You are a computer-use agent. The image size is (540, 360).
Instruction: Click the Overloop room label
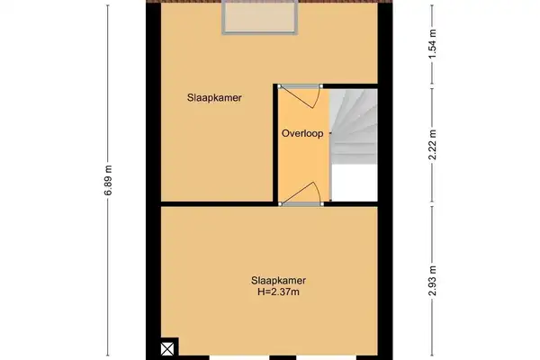click(x=302, y=134)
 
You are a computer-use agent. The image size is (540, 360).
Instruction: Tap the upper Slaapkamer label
click(x=214, y=98)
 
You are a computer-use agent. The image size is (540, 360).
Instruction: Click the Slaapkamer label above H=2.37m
click(x=278, y=281)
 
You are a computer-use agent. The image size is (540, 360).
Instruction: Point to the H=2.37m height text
click(x=278, y=292)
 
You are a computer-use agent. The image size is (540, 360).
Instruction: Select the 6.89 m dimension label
click(x=108, y=180)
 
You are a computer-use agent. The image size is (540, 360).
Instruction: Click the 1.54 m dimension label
click(x=433, y=44)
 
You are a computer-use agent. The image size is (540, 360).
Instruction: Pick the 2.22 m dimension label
click(x=433, y=145)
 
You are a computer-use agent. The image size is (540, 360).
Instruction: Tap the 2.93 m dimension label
click(x=433, y=281)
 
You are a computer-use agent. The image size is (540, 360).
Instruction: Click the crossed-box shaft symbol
click(x=167, y=349)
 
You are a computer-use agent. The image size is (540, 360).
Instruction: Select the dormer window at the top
click(x=259, y=17)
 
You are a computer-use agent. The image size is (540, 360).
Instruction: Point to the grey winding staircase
click(x=354, y=126)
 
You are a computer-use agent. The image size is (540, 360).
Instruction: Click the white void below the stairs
click(x=355, y=183)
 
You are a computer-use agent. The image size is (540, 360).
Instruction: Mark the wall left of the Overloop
click(x=275, y=144)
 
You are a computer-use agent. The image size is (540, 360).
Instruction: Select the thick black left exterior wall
click(x=153, y=181)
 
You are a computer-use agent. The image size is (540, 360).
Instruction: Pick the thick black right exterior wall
click(x=385, y=181)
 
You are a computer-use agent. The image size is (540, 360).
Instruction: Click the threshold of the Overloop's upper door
click(x=301, y=86)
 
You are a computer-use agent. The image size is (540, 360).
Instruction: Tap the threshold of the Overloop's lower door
click(x=301, y=204)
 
